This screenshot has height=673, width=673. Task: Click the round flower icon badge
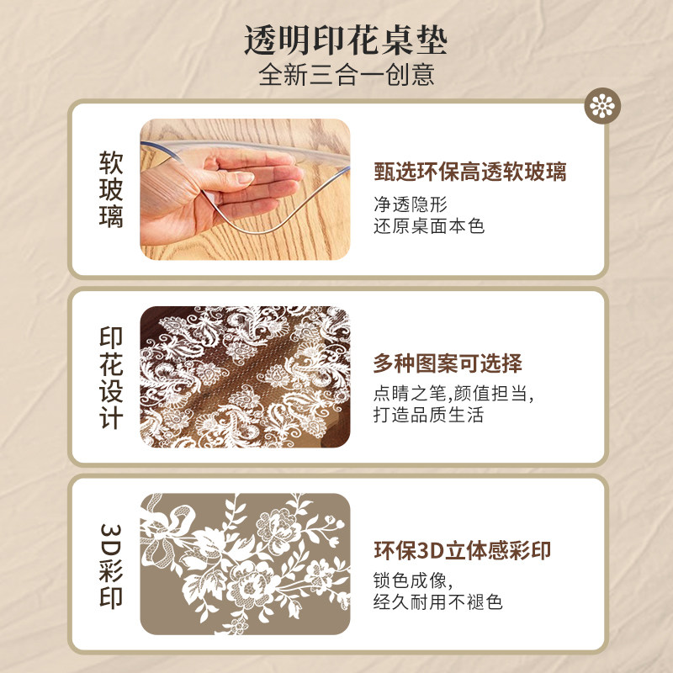pos(603,105)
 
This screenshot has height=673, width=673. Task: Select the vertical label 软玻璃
pos(111,189)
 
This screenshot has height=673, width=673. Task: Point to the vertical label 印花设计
pos(111,377)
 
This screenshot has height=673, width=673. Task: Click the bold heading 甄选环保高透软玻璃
pos(469,172)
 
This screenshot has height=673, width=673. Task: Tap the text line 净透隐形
pos(410,204)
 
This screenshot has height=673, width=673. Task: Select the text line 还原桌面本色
pos(429,225)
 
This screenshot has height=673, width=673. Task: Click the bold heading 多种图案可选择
pos(448,363)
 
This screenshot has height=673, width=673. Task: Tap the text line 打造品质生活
pos(429,416)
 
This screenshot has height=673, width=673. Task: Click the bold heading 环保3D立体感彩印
pos(463,551)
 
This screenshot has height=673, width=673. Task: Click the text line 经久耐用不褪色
pos(438,602)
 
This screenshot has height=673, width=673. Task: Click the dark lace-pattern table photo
pos(244,377)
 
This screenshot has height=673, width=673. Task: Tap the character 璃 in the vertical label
pos(111,217)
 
